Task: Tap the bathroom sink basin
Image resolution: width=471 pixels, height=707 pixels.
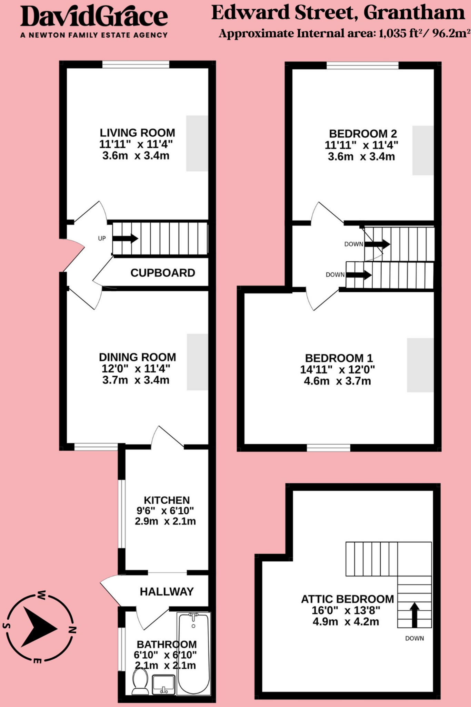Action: pyautogui.click(x=163, y=684)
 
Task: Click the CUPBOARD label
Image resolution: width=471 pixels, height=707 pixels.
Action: pyautogui.click(x=163, y=273)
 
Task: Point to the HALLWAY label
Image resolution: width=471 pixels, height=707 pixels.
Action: pyautogui.click(x=167, y=591)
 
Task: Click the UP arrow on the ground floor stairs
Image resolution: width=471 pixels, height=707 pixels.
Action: pyautogui.click(x=126, y=238)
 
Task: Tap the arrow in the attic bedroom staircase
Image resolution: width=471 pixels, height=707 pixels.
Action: pyautogui.click(x=414, y=615)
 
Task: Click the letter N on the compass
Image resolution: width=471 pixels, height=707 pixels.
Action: pyautogui.click(x=72, y=630)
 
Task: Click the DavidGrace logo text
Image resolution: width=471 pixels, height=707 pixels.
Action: pyautogui.click(x=94, y=17)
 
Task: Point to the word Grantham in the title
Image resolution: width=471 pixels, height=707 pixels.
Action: pyautogui.click(x=414, y=13)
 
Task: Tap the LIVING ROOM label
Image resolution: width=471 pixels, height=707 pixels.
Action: pyautogui.click(x=137, y=133)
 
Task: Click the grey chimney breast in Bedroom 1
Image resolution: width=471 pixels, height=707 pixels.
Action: pyautogui.click(x=420, y=365)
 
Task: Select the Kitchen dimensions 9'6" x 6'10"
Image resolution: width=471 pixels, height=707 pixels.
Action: pyautogui.click(x=165, y=511)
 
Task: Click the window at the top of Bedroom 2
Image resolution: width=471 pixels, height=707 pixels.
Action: pyautogui.click(x=362, y=66)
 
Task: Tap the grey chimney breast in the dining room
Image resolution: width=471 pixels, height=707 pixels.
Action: pyautogui.click(x=198, y=362)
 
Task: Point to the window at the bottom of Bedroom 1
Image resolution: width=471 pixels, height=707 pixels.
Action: pyautogui.click(x=328, y=448)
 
